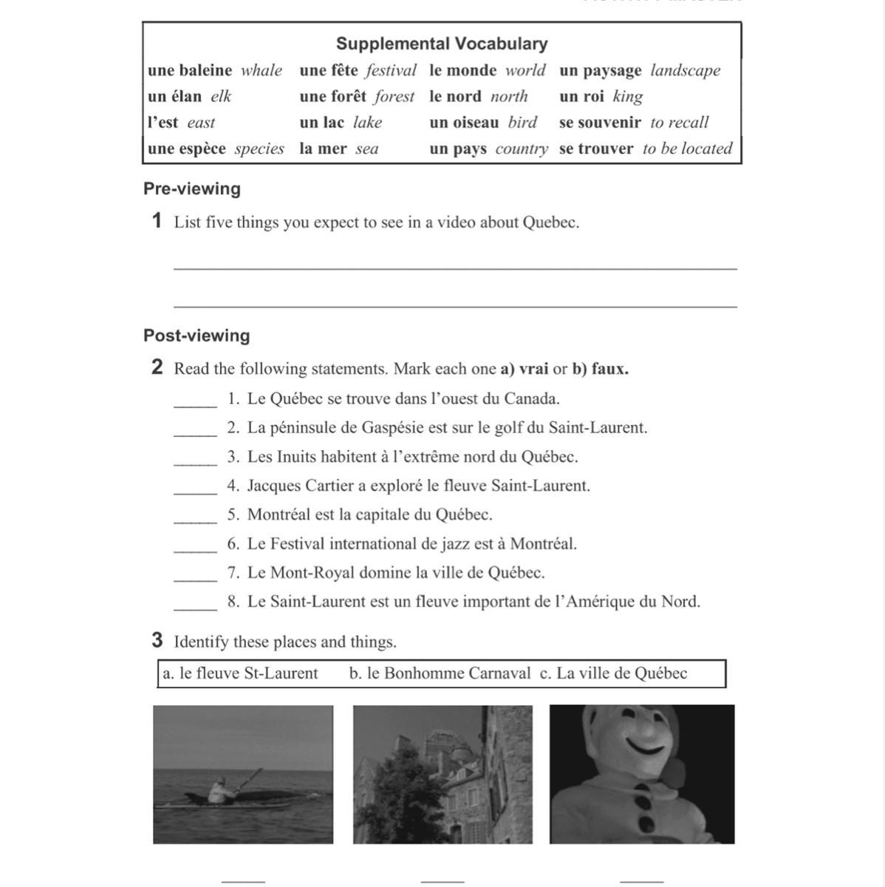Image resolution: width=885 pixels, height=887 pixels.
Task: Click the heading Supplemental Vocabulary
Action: click(442, 44)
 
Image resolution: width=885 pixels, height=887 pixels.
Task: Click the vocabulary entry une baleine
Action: click(190, 70)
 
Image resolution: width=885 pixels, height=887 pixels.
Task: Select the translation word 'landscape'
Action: click(685, 70)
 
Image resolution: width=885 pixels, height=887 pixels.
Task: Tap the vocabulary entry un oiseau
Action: click(464, 122)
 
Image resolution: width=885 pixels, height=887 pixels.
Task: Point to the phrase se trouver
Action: click(596, 149)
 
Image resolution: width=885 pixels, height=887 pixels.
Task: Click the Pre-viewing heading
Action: click(192, 188)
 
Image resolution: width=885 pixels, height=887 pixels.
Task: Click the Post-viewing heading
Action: click(197, 336)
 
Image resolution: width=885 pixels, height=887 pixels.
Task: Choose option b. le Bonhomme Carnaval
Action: click(440, 673)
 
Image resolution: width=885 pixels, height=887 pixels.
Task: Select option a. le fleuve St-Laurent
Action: click(241, 673)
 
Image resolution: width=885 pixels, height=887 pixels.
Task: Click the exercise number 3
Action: click(157, 640)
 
